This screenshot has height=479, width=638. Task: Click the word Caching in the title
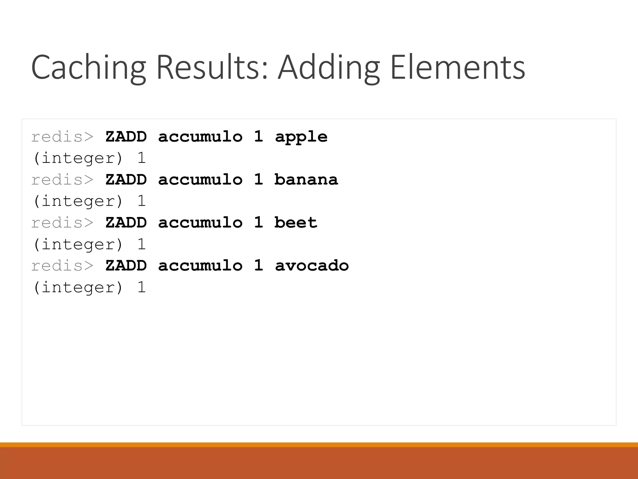88,68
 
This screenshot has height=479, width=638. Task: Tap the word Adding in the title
328,68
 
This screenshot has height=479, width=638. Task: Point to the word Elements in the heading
457,68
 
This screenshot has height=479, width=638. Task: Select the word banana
306,180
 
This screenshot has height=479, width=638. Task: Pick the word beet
296,223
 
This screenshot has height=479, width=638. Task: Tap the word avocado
312,266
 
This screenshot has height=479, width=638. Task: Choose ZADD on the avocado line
126,266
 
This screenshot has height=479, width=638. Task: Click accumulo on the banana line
200,180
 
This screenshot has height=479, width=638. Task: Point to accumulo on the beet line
200,223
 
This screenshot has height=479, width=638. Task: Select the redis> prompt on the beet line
62,223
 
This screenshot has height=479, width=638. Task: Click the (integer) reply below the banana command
78,201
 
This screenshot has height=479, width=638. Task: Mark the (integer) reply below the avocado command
78,287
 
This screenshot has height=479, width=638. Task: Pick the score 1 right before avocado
258,266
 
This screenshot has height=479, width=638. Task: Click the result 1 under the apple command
141,158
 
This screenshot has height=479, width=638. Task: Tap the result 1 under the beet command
141,244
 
